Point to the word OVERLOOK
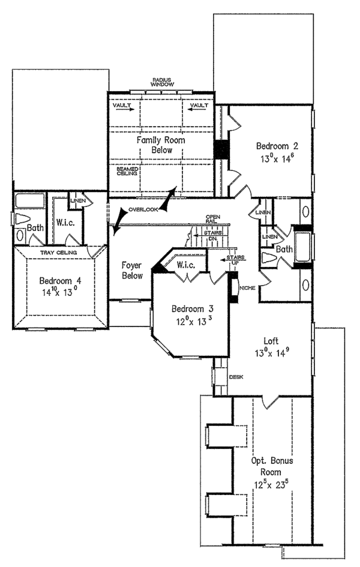[142, 209]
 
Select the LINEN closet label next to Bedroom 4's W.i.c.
[77, 200]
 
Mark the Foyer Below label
[132, 269]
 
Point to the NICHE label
[247, 288]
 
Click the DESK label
[235, 377]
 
